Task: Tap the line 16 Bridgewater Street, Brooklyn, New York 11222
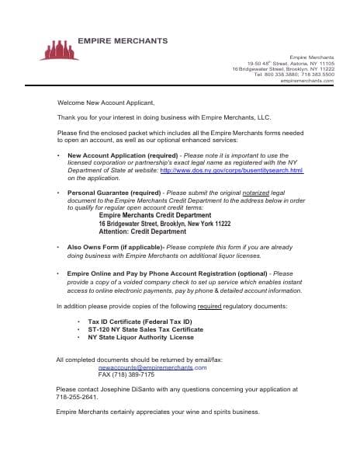point(164,224)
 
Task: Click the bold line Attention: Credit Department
point(142,231)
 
